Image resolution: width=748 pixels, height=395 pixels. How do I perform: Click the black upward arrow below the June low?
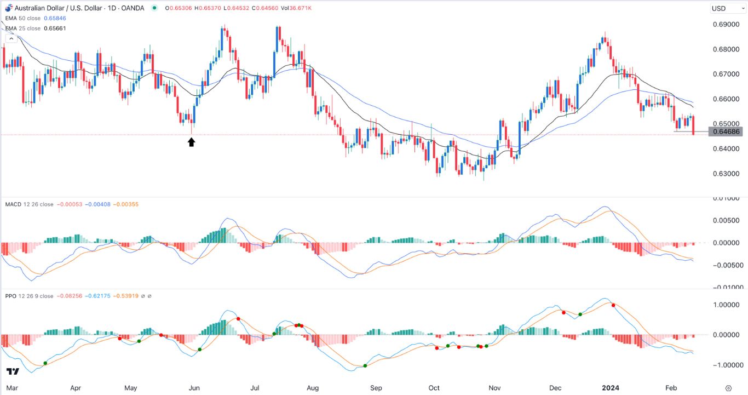click(191, 142)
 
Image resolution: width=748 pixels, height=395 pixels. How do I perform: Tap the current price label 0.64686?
click(726, 131)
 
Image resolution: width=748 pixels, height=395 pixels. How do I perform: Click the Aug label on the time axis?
click(313, 388)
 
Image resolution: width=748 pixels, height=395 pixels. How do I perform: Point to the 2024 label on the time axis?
click(611, 388)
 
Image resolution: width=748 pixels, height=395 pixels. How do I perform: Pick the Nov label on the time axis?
click(494, 388)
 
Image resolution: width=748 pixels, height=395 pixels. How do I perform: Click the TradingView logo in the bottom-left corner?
click(13, 371)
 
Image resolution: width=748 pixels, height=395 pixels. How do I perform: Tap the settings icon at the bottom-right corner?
click(728, 388)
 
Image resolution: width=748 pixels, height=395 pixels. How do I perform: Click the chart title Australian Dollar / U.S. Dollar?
click(66, 8)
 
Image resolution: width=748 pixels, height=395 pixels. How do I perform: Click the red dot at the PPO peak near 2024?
click(613, 305)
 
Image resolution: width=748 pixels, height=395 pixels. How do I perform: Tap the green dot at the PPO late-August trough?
click(365, 365)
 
